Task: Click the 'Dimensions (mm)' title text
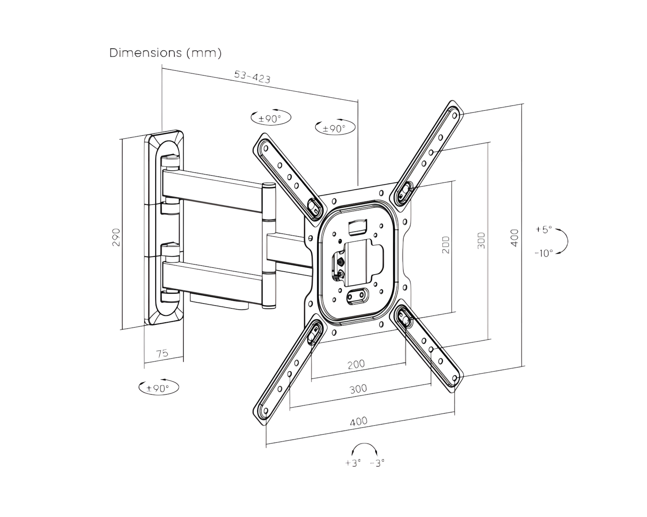pos(165,53)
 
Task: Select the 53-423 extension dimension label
pos(252,77)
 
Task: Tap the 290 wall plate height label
pos(116,237)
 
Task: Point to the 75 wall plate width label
pos(162,353)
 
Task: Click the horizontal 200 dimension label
pos(356,364)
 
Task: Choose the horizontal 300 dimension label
pos(358,389)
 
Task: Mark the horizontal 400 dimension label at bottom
pos(358,421)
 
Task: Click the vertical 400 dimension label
pos(514,238)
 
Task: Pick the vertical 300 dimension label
pos(481,240)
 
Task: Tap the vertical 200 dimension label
pos(446,245)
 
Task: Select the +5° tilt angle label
pos(543,229)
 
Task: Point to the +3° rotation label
pos(353,463)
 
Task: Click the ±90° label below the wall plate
pos(159,388)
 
